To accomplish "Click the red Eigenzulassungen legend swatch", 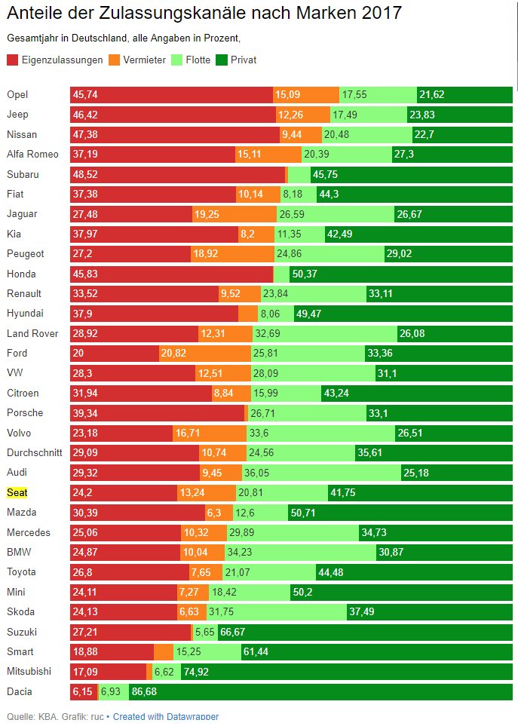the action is (13, 60).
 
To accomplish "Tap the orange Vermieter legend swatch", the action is (114, 60).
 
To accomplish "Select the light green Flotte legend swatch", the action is (177, 60).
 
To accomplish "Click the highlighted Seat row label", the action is (17, 492).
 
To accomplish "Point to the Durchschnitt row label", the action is (34, 452).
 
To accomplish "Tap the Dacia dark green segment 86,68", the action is (320, 692).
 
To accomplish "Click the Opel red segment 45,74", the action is (171, 94).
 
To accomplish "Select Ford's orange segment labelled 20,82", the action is (205, 354).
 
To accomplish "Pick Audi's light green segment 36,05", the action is (321, 473).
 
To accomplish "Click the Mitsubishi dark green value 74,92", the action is (196, 672).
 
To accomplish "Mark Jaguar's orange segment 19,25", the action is (234, 214).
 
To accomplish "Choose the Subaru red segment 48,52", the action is (178, 174).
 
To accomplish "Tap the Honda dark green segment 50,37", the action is (401, 274).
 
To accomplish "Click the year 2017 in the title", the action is (382, 13).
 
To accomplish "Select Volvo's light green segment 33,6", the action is (320, 433).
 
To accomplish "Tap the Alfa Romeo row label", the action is (32, 155).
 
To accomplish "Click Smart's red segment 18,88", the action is (112, 652).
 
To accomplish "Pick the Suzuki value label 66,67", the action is (233, 632).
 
